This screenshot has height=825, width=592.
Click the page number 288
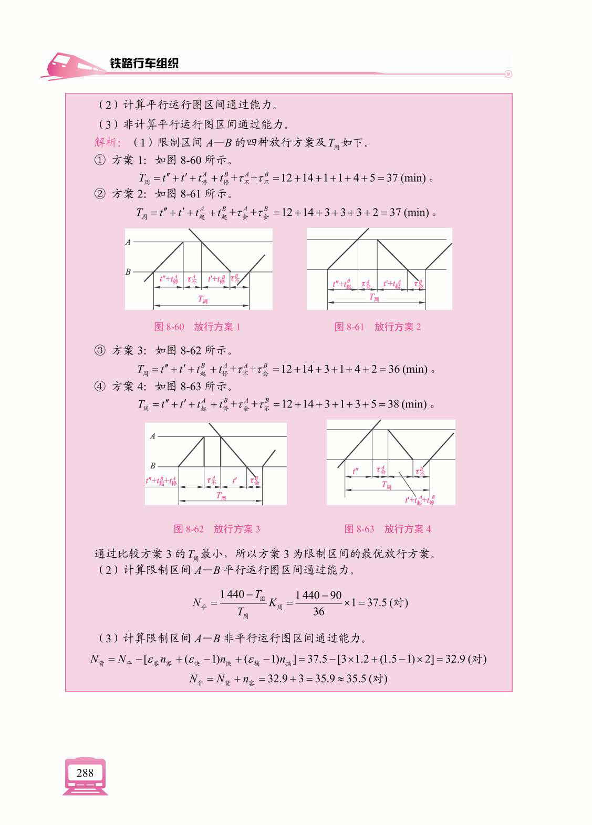(x=85, y=772)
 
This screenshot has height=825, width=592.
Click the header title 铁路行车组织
(x=144, y=63)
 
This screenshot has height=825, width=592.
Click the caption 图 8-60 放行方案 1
(x=197, y=327)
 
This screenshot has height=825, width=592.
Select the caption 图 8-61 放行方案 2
(x=378, y=327)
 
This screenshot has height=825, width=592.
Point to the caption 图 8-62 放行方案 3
(x=216, y=529)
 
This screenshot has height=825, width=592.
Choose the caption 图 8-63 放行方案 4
(x=388, y=529)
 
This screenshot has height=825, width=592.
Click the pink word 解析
(x=107, y=143)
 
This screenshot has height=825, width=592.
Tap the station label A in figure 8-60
(x=128, y=242)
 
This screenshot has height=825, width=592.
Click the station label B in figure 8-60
(x=128, y=272)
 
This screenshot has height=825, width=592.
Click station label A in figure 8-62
(x=153, y=436)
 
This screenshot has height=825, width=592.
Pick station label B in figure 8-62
(x=153, y=465)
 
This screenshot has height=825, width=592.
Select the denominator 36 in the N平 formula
(x=318, y=611)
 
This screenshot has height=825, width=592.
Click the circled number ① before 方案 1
(x=100, y=160)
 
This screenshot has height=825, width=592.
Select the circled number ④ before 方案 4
(x=100, y=387)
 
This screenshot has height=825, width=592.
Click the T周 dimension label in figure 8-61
(x=374, y=298)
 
